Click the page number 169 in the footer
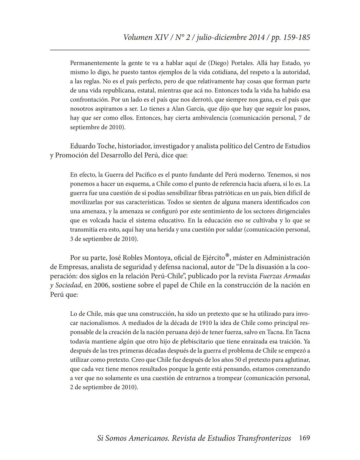[x=304, y=438]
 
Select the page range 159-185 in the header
[x=296, y=37]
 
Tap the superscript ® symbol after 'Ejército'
[x=227, y=255]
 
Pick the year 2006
[x=101, y=285]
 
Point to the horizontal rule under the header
[x=180, y=50]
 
